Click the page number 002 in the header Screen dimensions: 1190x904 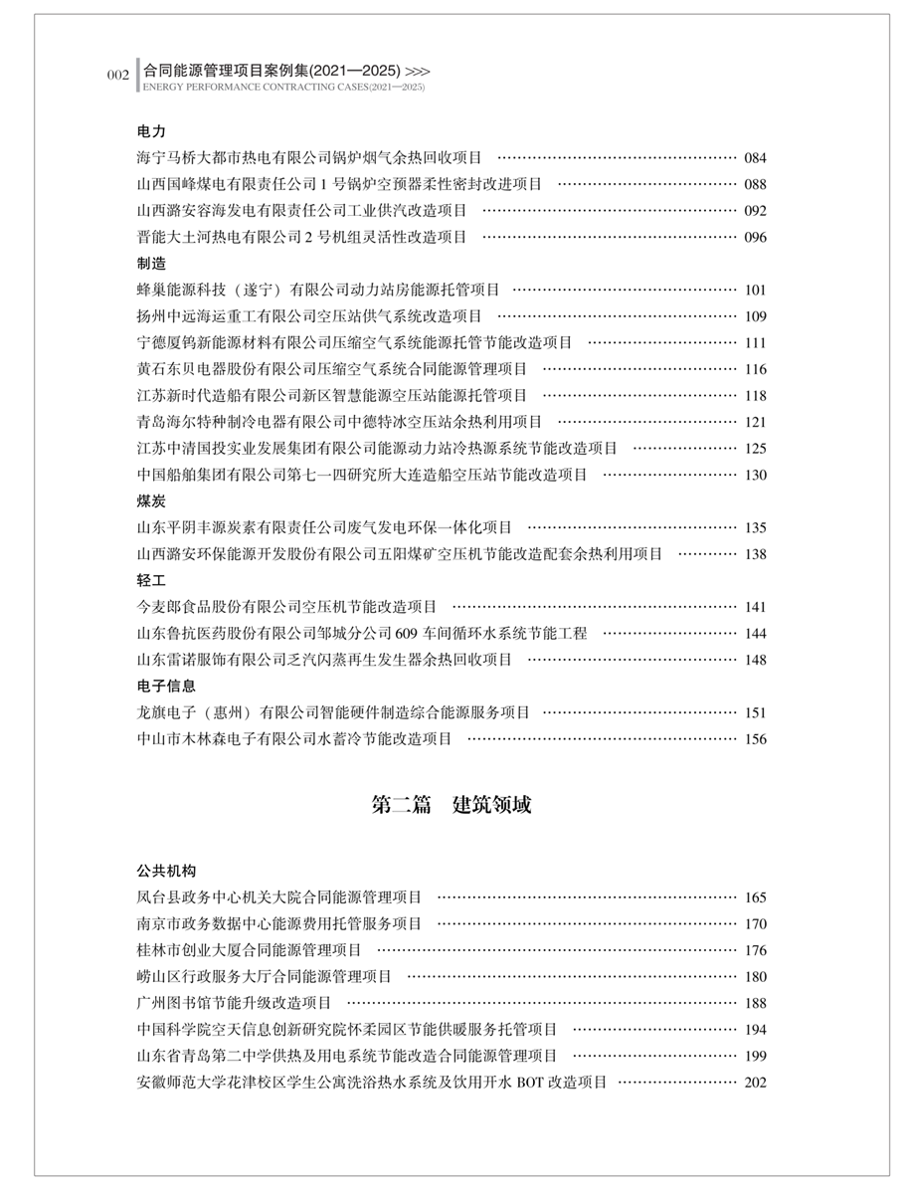[118, 76]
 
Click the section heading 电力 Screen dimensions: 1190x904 [151, 131]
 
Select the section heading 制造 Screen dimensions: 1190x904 [151, 264]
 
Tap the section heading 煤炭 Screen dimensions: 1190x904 [151, 500]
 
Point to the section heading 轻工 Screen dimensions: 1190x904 [151, 580]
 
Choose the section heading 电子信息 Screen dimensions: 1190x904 [166, 686]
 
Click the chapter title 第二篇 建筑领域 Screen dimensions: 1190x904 [452, 805]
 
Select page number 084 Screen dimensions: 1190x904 [755, 157]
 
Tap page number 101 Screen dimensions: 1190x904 [755, 291]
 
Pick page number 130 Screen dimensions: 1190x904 [755, 475]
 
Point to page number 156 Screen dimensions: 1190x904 [755, 738]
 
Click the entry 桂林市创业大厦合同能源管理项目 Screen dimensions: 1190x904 [250, 950]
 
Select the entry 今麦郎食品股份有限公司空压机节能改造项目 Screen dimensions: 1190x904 [286, 607]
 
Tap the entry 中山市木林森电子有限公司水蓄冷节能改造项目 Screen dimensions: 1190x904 [294, 738]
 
